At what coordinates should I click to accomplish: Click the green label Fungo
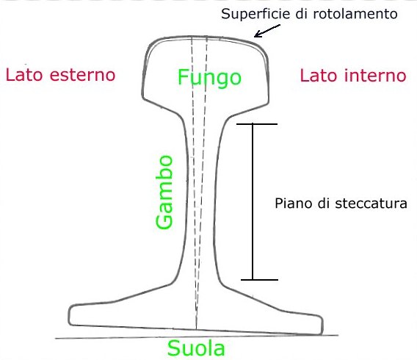[x=209, y=78]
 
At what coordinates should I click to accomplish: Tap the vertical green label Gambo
[x=164, y=192]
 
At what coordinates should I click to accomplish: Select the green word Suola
[x=196, y=348]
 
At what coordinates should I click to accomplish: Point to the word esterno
[x=83, y=75]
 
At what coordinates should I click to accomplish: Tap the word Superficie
[x=255, y=14]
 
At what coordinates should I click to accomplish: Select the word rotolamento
[x=355, y=14]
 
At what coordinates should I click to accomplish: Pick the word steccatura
[x=371, y=204]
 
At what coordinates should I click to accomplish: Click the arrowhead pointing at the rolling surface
[x=257, y=35]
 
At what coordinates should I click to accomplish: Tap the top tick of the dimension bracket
[x=257, y=124]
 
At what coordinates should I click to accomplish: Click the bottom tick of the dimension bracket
[x=259, y=280]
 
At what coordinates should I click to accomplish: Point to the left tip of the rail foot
[x=69, y=315]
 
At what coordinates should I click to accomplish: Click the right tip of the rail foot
[x=322, y=325]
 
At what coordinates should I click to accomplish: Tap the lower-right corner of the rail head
[x=268, y=103]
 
